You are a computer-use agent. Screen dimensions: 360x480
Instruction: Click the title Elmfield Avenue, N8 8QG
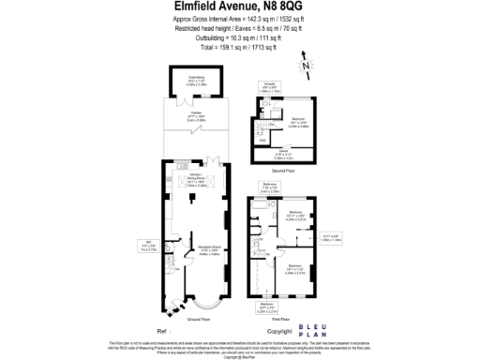click(x=239, y=7)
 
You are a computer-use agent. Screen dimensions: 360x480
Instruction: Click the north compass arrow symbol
click(x=306, y=65)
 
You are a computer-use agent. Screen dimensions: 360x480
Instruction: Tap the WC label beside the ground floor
click(x=147, y=247)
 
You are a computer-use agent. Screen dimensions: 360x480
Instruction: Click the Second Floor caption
click(x=282, y=171)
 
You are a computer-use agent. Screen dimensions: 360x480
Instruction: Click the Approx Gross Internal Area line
click(x=238, y=19)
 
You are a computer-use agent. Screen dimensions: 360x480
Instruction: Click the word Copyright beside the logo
click(x=280, y=331)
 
